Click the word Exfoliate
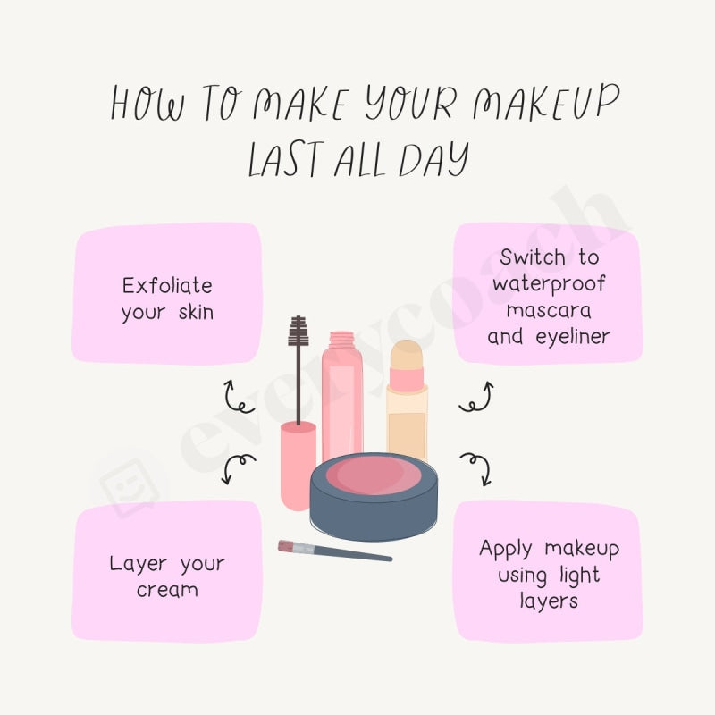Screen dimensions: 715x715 pyautogui.click(x=168, y=285)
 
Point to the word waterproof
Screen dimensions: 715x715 pyautogui.click(x=549, y=284)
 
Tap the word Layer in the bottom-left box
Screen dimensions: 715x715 pyautogui.click(x=139, y=564)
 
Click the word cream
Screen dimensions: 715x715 pyautogui.click(x=168, y=590)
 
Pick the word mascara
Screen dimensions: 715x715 pyautogui.click(x=549, y=310)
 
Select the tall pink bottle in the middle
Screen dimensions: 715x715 pyautogui.click(x=342, y=393)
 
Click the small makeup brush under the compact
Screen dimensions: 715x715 pyautogui.click(x=333, y=551)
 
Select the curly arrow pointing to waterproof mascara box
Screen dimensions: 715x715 pyautogui.click(x=476, y=396)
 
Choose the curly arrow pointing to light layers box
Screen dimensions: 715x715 pyautogui.click(x=475, y=466)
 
